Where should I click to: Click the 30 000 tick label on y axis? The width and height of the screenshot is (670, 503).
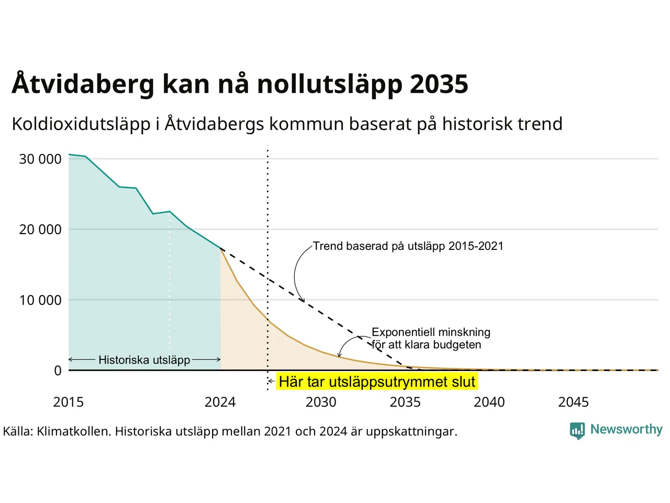tap(40, 159)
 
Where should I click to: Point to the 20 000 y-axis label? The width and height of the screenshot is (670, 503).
tap(40, 229)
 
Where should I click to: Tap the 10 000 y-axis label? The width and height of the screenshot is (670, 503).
tap(40, 300)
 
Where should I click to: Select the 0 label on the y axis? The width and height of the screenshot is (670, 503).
tap(58, 370)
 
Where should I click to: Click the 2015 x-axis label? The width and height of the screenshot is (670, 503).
tap(69, 402)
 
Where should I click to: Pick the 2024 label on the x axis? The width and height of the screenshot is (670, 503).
tap(220, 402)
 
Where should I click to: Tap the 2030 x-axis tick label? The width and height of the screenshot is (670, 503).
tap(321, 402)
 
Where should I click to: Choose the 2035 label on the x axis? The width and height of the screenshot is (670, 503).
tap(405, 402)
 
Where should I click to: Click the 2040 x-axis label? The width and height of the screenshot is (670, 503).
tap(489, 402)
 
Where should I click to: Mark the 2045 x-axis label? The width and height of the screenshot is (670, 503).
tap(574, 402)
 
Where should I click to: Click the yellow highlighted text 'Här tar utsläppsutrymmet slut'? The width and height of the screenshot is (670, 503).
tap(377, 381)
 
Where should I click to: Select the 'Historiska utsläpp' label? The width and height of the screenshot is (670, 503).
tap(144, 360)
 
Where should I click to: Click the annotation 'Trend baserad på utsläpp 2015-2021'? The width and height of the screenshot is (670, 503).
tap(408, 246)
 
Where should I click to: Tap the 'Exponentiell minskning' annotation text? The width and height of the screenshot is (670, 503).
tap(431, 332)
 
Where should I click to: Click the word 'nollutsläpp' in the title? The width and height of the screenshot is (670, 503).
tap(330, 84)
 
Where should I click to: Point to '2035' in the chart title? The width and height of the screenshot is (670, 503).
tap(439, 84)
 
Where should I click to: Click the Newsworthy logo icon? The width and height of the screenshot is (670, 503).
tap(577, 431)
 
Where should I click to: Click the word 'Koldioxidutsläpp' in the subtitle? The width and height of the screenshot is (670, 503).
tap(81, 124)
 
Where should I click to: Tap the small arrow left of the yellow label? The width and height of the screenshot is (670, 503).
tap(271, 381)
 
